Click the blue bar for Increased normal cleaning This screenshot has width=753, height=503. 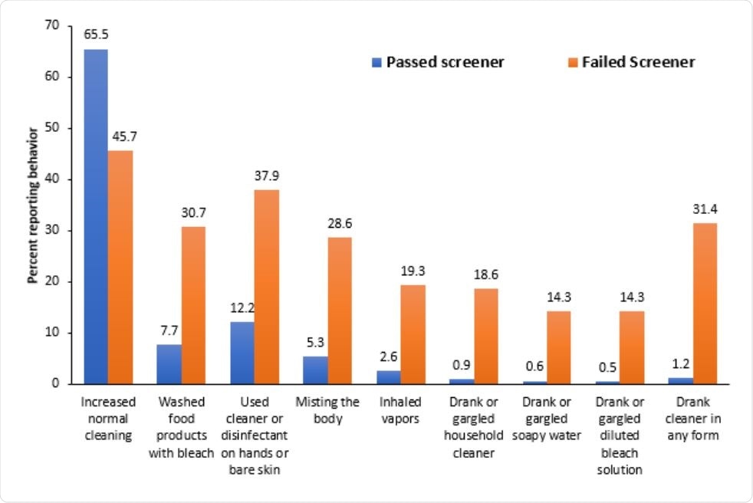point(96,216)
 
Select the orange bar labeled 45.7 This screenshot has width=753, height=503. point(120,267)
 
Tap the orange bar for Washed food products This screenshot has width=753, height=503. point(193,305)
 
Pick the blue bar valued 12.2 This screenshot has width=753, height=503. point(242,353)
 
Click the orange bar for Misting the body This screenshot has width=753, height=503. point(340,311)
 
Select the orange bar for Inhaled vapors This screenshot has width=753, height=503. point(413,334)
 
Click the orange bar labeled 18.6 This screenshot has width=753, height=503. point(485,336)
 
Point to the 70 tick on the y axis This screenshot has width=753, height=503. point(52,26)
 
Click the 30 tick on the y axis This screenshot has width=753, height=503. point(52,231)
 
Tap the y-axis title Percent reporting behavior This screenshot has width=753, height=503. point(33,205)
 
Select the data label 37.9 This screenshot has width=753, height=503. point(267,176)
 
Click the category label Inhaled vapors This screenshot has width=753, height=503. point(401,409)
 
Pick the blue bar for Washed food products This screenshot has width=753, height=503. point(169,364)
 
